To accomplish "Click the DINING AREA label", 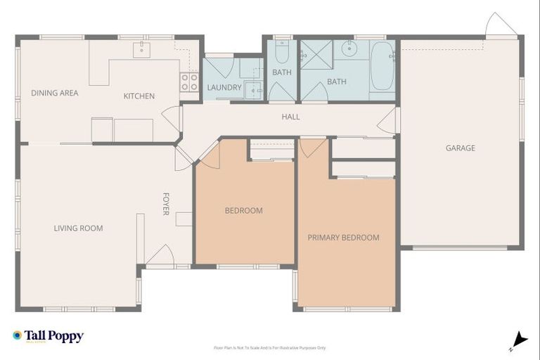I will click(x=54, y=93).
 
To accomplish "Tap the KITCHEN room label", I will click(x=139, y=96).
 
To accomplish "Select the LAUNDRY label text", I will click(x=224, y=88).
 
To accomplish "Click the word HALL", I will click(x=290, y=117).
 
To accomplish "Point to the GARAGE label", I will click(x=460, y=148).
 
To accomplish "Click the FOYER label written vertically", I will click(x=167, y=204).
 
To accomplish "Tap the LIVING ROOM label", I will click(x=78, y=228).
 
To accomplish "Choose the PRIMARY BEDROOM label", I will click(x=343, y=238).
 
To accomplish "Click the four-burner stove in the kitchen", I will click(x=188, y=82).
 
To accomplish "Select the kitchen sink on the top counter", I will click(x=143, y=48).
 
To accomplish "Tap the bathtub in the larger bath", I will click(x=382, y=67).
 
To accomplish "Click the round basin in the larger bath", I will click(x=349, y=49).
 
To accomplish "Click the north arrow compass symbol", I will click(x=519, y=340).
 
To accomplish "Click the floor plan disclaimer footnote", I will click(x=269, y=347).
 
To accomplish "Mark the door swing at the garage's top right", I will click(x=501, y=25).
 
